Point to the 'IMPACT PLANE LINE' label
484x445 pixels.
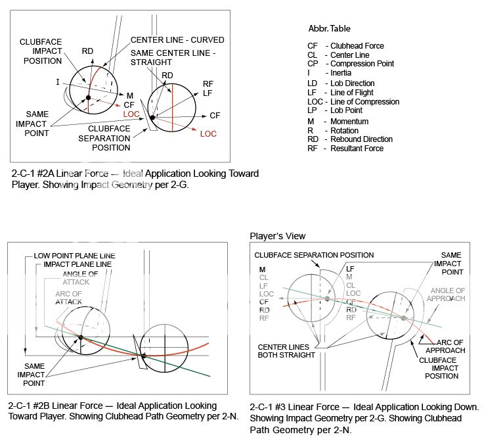pyautogui.click(x=77, y=264)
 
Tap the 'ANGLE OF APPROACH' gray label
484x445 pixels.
pyautogui.click(x=449, y=294)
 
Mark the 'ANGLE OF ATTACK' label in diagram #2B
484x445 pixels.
pyautogui.click(x=81, y=278)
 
